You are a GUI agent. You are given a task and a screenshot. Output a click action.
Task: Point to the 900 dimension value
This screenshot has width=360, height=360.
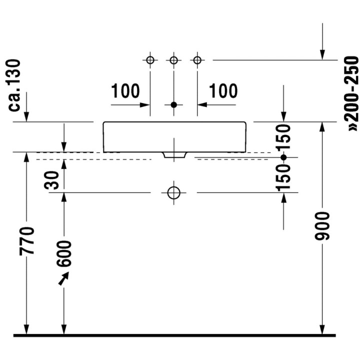coord(323,226)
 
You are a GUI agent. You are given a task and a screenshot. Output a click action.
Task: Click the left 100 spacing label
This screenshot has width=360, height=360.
coord(125,91)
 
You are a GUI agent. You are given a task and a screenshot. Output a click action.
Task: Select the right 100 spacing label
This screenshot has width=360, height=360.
coord(223,91)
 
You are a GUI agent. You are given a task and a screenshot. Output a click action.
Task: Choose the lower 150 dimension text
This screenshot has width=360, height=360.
coord(283,176)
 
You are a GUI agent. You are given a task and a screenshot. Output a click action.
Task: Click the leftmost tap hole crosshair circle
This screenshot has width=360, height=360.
coord(150,60)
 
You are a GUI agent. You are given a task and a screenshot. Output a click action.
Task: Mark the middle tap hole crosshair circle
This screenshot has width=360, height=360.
coord(173,60)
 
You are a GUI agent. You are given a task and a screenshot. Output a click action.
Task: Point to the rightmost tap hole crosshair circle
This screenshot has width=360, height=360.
coord(197,60)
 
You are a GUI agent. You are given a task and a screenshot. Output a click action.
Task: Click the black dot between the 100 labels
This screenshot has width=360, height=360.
coord(173,105)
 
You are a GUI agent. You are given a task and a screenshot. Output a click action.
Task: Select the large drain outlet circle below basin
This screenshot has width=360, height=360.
coord(173,192)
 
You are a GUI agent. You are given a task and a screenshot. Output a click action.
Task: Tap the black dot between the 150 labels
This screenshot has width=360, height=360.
coord(283,157)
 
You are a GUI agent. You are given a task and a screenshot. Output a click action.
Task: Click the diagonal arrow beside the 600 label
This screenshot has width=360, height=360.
coord(63,279)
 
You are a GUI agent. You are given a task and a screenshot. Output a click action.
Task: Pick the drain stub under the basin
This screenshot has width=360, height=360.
coord(173,155)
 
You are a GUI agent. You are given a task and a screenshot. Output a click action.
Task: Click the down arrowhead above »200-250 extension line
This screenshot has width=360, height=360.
coord(323,55)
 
